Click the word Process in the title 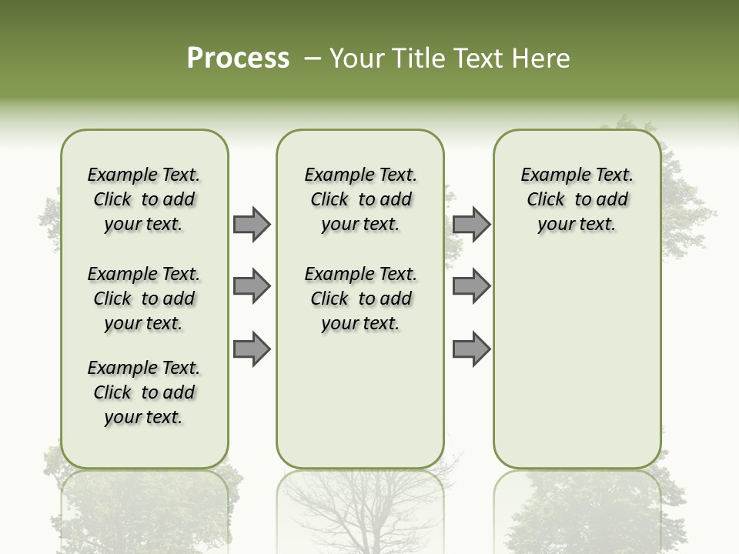238,58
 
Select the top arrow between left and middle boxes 252,224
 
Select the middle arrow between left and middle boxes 252,287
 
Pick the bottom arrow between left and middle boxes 252,349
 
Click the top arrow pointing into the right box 471,224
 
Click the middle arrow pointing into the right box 471,287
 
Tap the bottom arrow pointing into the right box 471,349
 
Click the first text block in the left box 144,199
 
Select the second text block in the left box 144,299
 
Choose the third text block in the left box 144,392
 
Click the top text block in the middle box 360,199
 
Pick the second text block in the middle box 360,299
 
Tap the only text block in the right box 577,199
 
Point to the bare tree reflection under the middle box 360,512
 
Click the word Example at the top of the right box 550,175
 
